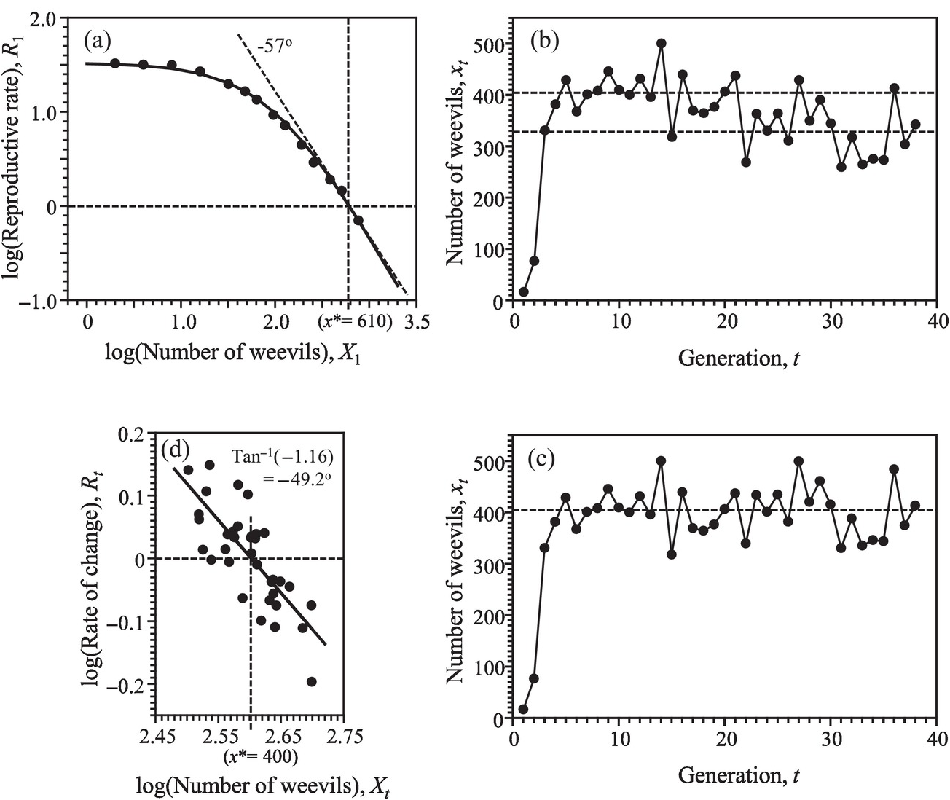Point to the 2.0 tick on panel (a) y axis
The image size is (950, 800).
tap(47, 19)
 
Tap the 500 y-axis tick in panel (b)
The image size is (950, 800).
tap(489, 44)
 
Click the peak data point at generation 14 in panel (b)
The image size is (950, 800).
tap(661, 44)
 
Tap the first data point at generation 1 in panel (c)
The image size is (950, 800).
tap(523, 709)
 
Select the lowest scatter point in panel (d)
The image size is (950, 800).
tap(312, 682)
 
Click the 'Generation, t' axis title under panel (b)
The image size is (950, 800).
tap(738, 358)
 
